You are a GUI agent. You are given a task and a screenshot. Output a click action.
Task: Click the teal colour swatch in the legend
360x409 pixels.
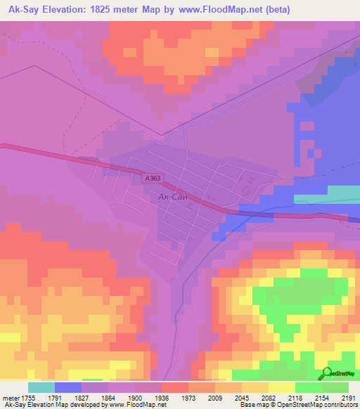point(41,387)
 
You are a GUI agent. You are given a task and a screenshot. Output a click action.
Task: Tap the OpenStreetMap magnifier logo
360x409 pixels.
point(326,373)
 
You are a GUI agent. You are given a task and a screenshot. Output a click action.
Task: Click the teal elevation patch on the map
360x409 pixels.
point(342,193)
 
